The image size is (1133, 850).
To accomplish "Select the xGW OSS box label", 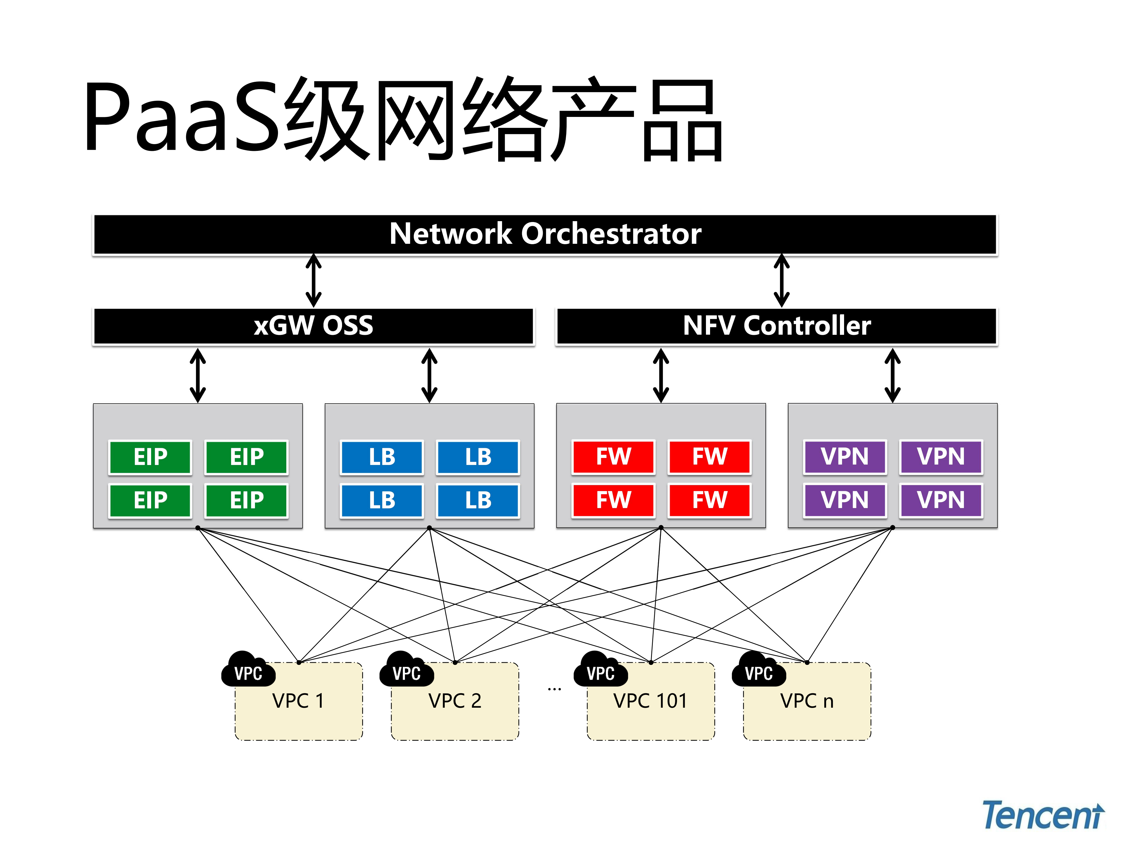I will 313,326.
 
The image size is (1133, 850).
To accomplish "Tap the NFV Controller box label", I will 776,326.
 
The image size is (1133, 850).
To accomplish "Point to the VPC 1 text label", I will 298,701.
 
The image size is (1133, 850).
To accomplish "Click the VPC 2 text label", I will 455,701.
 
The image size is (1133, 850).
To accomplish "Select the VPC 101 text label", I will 650,701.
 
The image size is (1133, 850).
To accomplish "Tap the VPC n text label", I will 807,701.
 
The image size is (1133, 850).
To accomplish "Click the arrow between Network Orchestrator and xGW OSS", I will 313,281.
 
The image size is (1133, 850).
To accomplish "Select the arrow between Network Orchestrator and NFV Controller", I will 781,281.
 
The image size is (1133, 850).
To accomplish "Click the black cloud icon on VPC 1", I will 248,669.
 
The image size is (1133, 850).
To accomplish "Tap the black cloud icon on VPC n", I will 758,669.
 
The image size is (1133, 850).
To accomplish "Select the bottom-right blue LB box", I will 478,500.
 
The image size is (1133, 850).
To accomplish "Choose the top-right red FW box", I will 709,456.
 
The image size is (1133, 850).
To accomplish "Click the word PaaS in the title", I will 182,118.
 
